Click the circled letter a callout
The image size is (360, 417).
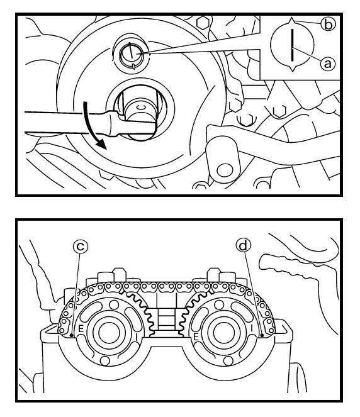click(x=327, y=64)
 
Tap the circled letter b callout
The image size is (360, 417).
click(x=329, y=25)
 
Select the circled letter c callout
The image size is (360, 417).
click(x=81, y=247)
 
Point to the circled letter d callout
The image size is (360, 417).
click(x=243, y=245)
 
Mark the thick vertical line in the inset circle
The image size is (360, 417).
click(x=293, y=45)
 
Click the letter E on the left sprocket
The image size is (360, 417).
click(x=81, y=329)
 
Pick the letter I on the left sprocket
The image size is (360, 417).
click(x=137, y=336)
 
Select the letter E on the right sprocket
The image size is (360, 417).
click(x=196, y=337)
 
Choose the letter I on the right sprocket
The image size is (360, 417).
click(x=251, y=329)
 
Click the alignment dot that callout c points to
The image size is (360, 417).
click(x=71, y=335)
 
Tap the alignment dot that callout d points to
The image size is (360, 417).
click(x=262, y=335)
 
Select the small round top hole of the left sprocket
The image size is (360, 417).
click(x=114, y=304)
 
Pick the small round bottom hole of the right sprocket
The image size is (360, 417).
click(x=228, y=361)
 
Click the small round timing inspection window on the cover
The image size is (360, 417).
click(x=130, y=54)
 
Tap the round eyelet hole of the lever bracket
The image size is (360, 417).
click(x=224, y=170)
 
